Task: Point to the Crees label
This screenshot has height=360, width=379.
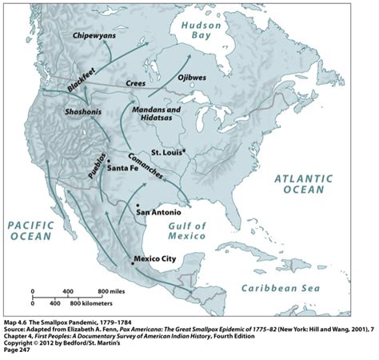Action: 135,82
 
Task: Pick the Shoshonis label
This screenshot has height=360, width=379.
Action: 82,112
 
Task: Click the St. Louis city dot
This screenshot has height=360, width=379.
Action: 183,150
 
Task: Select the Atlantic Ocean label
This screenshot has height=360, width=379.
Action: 301,184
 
